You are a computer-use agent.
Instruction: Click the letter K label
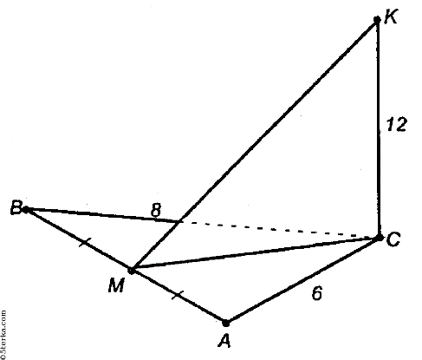pos(392,16)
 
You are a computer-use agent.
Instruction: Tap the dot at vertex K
pos(377,20)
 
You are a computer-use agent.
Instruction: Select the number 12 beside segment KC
pos(397,125)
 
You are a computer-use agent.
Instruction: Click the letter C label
pos(393,239)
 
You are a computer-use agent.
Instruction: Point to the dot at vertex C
pos(379,238)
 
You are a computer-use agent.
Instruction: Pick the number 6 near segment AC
pos(317,293)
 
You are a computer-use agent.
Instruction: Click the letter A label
pos(224,340)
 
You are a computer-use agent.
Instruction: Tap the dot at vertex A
pos(226,323)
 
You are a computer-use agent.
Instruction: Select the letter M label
pos(116,285)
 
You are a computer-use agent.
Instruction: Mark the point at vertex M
pos(131,271)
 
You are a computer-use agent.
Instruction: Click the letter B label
pos(16,207)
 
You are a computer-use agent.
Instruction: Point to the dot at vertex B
pos(26,210)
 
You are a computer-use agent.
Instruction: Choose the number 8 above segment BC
pos(156,210)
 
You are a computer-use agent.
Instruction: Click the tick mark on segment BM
pos(85,242)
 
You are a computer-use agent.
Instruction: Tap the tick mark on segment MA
pos(178,296)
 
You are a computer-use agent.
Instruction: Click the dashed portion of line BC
pos(279,230)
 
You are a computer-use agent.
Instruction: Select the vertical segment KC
pos(378,128)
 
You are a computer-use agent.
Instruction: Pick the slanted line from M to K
pos(254,145)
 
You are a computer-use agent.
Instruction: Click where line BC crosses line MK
pos(179,222)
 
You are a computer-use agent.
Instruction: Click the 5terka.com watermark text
pos(3,335)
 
